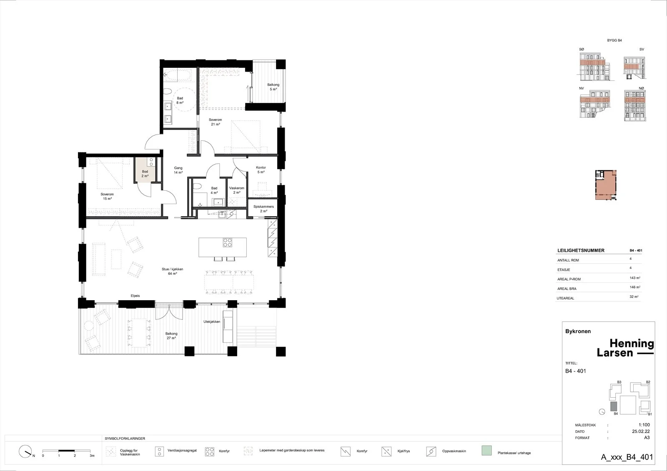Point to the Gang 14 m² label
tap(178, 170)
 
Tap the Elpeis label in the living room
tap(135, 296)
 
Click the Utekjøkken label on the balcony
tap(212, 321)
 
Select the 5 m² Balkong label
tap(273, 87)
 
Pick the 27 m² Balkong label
tap(171, 336)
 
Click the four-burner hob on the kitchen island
tap(228, 243)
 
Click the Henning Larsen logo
tap(625, 348)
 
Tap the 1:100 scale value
tap(644, 425)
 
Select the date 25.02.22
tap(641, 431)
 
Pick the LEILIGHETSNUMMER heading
tap(581, 251)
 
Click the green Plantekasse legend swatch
tap(486, 451)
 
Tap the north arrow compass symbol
tap(25, 451)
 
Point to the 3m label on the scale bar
tap(92, 456)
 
